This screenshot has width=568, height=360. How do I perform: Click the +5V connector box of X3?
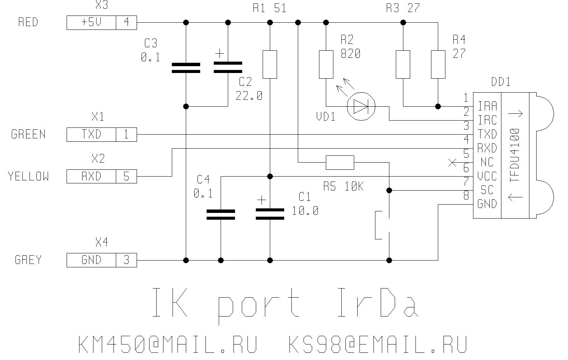pos(91,23)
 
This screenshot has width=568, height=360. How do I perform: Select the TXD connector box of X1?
pos(91,135)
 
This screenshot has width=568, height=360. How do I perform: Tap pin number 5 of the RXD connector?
pos(126,177)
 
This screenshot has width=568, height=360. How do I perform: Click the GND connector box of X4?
pos(91,260)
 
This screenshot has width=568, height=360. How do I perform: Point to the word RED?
pos(28,22)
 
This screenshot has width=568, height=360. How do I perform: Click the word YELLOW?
pos(28,177)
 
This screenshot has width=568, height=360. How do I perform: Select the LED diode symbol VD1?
pos(361,107)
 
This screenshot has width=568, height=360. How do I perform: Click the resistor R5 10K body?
pos(340,163)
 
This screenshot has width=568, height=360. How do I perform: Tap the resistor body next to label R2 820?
pos(326,64)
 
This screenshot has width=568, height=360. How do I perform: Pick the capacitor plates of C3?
pos(186,68)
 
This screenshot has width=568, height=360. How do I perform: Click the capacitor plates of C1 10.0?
pos(270,214)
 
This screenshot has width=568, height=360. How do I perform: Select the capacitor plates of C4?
pos(221,215)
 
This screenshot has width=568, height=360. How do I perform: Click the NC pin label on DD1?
pos(487,163)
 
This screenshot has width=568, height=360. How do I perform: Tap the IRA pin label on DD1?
pos(487,106)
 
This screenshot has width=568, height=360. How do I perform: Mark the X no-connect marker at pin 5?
pos(452,163)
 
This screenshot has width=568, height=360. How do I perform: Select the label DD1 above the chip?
pos(500,82)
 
